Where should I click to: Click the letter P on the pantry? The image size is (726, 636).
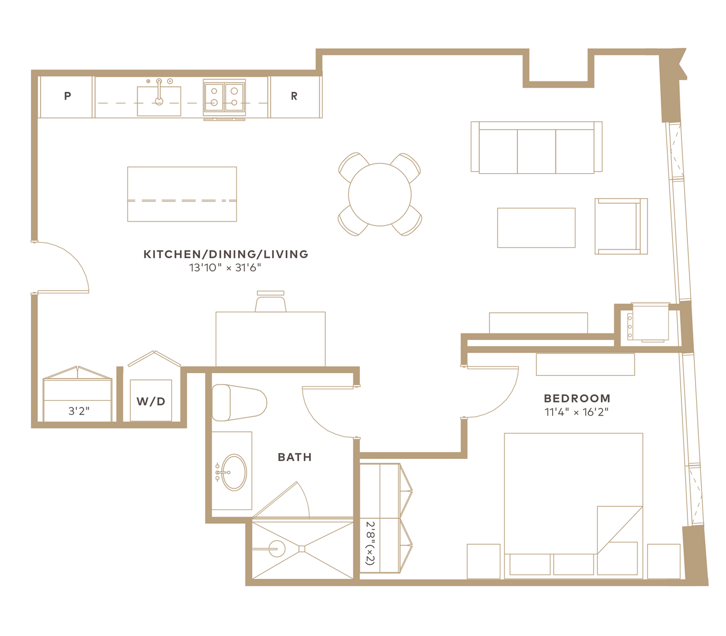[67, 96]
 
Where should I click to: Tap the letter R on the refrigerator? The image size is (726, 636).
[294, 96]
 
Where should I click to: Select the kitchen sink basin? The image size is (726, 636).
[159, 101]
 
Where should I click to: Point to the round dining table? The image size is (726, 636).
[379, 194]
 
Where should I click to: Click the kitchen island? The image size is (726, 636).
[182, 194]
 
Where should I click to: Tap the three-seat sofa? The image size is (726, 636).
[536, 148]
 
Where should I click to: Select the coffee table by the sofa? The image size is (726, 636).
[536, 228]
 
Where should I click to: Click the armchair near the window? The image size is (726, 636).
[621, 226]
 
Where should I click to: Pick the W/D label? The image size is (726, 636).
[151, 401]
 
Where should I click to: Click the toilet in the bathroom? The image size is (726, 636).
[239, 402]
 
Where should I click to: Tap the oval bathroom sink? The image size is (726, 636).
[234, 473]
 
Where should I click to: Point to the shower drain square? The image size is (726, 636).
[302, 549]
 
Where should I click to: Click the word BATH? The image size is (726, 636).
[295, 457]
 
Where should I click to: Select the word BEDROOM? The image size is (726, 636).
[577, 398]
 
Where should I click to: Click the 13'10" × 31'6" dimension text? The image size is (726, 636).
[225, 268]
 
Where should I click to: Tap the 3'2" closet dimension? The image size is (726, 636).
[79, 411]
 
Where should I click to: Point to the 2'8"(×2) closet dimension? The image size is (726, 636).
[370, 543]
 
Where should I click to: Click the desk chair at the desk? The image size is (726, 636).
[271, 301]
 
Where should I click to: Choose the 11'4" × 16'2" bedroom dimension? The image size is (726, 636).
[577, 412]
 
